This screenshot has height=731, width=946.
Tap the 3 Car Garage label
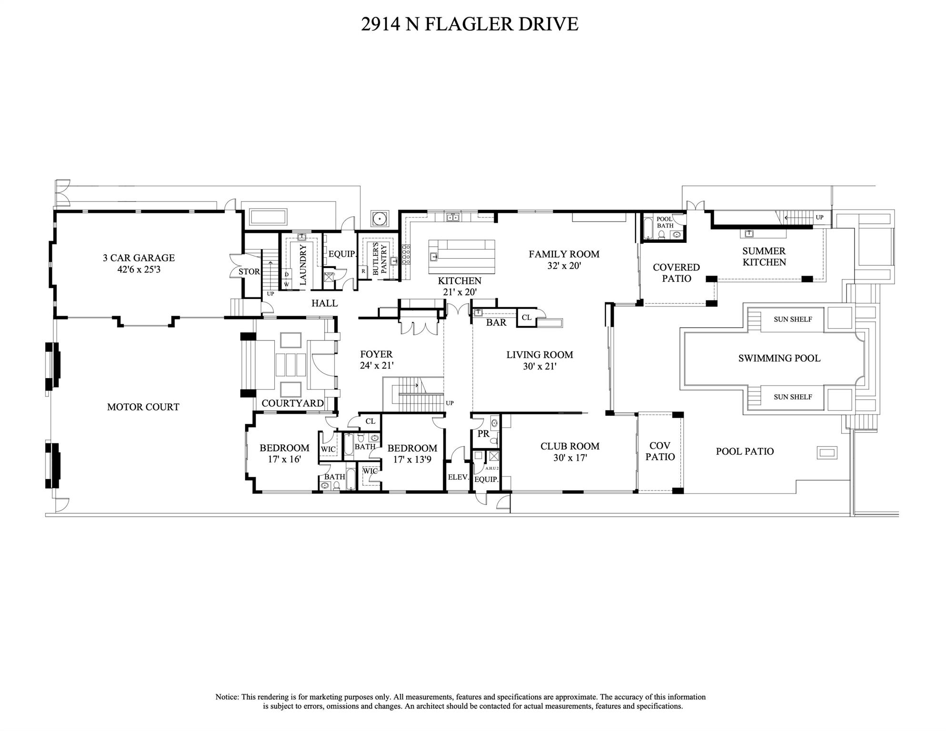point(139,258)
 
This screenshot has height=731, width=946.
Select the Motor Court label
point(143,407)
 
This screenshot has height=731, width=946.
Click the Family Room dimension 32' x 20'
point(564,266)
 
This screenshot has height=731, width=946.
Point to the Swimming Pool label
point(779,359)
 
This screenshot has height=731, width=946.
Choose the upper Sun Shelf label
point(792,320)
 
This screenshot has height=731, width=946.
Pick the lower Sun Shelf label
point(792,397)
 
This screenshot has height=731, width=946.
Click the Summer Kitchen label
point(764,257)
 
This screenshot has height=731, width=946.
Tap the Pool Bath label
point(665,222)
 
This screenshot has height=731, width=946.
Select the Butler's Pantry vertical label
point(379,259)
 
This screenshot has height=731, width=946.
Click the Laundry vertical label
point(303,265)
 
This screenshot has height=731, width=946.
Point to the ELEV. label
point(458,477)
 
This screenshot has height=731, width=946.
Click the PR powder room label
point(483,434)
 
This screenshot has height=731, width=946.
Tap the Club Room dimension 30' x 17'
point(569,458)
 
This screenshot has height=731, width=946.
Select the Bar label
point(496,323)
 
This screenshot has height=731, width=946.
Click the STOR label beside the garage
point(249,272)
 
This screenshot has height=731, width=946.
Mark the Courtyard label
point(292,403)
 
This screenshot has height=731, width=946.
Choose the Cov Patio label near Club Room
point(660,451)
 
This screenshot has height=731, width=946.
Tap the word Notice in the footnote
point(227,697)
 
